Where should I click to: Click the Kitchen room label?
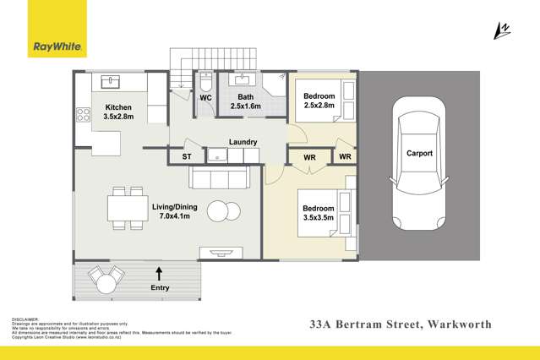coord(118,107)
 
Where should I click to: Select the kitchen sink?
coord(112,82)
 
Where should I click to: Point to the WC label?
coord(205,98)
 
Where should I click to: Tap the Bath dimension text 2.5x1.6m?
coord(247,106)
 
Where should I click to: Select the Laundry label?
coord(243,143)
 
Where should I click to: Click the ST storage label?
coord(188,157)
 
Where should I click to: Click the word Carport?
coord(419,154)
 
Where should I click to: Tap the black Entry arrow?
coord(159,272)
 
